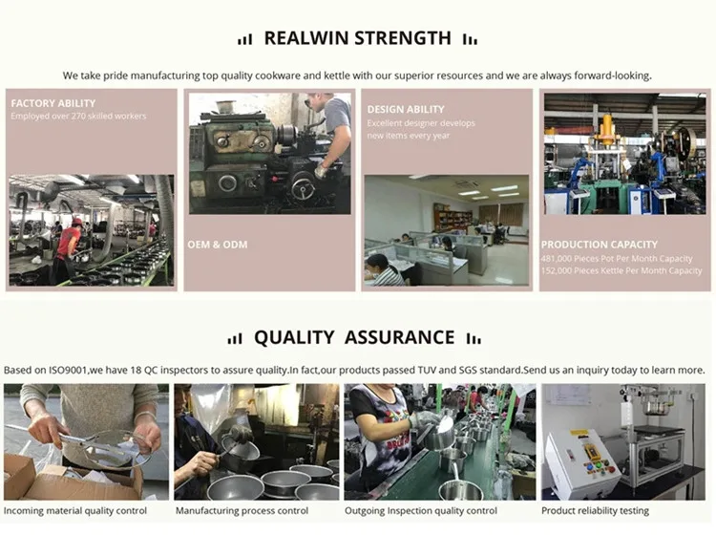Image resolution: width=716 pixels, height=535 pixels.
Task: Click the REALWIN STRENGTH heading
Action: (x=357, y=38)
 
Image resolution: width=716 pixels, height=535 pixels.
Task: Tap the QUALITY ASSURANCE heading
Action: (x=353, y=337)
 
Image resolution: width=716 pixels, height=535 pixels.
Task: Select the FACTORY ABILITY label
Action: (x=53, y=103)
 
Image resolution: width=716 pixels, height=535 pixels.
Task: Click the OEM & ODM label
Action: (x=218, y=245)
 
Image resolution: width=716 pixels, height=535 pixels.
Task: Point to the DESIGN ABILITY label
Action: (x=406, y=110)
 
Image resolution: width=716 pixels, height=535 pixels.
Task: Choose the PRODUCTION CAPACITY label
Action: (x=600, y=245)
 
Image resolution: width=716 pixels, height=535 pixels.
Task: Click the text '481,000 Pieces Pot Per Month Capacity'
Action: (x=617, y=259)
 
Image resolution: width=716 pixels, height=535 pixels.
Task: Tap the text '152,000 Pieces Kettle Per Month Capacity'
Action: (x=621, y=271)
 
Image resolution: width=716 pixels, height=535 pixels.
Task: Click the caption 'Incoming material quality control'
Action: (x=76, y=511)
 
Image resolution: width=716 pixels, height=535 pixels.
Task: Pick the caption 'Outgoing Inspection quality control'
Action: (x=423, y=511)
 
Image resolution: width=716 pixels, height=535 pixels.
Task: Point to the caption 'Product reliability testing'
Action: (x=595, y=511)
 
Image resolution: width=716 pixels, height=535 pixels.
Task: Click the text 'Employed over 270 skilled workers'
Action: (x=78, y=117)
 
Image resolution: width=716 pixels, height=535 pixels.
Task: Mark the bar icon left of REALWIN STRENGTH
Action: (x=245, y=39)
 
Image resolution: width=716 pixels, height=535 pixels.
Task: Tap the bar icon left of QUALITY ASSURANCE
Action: (x=235, y=338)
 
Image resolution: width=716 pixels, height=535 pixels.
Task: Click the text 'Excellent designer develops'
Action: (x=421, y=123)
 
